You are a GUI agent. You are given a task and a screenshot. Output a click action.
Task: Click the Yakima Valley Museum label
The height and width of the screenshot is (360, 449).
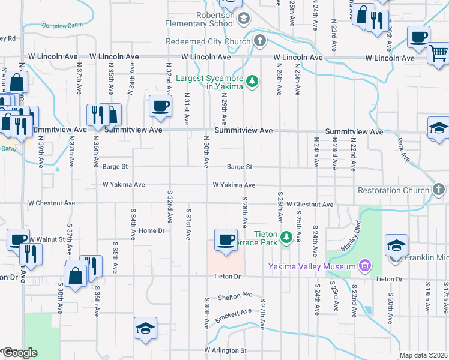click(312, 266)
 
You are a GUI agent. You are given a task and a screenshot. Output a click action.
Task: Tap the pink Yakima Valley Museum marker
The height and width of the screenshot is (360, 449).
click(363, 265)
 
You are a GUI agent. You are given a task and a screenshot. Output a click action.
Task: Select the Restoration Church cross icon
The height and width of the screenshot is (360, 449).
click(439, 190)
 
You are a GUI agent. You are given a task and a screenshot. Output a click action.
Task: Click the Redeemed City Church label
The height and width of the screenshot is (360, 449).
click(208, 41)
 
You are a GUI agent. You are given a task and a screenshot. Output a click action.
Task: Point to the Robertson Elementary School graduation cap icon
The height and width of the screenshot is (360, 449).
click(243, 19)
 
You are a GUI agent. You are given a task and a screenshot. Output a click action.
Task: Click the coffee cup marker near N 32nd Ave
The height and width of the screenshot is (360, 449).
click(161, 106)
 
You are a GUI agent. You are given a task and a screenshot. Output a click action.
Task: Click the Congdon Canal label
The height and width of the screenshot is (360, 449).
click(61, 26)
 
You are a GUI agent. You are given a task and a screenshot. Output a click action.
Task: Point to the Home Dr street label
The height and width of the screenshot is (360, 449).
click(151, 231)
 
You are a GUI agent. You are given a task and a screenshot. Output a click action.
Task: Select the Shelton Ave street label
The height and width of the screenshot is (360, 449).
click(235, 296)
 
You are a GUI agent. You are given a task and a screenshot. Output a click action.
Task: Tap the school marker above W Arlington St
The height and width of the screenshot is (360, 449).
click(145, 329)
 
